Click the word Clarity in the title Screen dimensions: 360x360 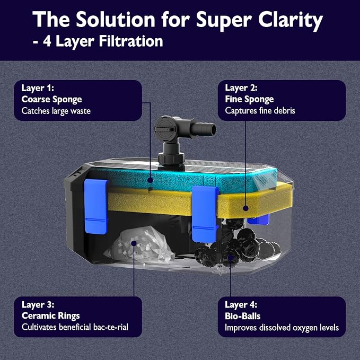coord(291,20)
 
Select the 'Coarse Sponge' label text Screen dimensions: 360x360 coord(51,100)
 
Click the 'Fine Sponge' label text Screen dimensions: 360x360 coord(249,99)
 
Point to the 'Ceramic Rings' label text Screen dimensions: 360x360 coord(51,315)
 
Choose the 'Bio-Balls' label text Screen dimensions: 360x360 coord(243,316)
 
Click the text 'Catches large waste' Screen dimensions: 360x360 coord(56,111)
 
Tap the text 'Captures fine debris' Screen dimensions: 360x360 coord(260,111)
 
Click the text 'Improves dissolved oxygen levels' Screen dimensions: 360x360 coord(282,328)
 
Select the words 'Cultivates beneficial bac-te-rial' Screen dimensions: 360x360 coord(75,327)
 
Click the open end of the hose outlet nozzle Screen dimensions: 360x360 coord(213,130)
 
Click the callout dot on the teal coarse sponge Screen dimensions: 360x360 coord(150,180)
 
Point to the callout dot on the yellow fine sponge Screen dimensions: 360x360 coord(245,208)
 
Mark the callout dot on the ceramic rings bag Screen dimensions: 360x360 coord(134,243)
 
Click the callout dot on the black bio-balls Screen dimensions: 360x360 coord(231,257)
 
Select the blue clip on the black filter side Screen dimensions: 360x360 coord(96,206)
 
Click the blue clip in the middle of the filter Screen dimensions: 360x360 coord(205,214)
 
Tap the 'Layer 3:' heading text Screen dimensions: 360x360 coord(38,305)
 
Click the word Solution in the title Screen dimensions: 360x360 coord(116,20)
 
